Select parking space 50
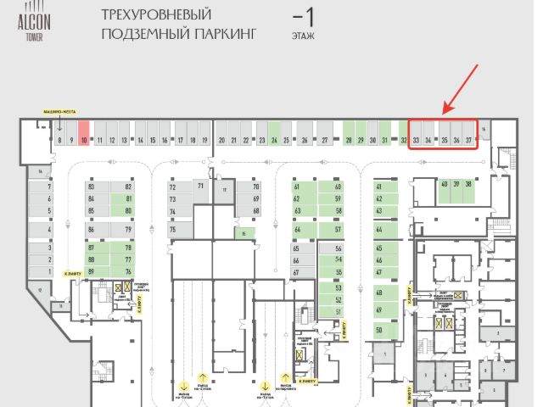click(379, 329)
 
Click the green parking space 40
click(444, 184)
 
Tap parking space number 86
click(91, 229)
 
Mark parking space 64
click(297, 229)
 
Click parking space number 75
click(172, 229)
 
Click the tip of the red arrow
click(444, 112)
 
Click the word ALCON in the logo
click(34, 24)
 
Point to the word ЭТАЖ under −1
click(303, 37)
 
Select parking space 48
click(379, 293)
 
